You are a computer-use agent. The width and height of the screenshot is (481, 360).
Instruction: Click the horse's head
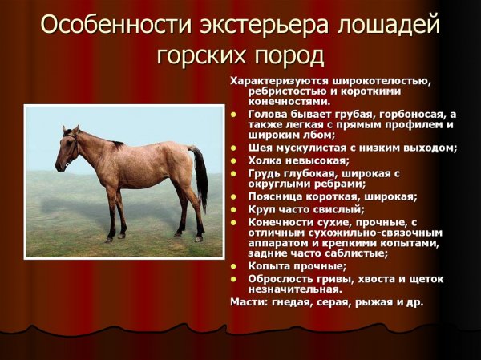click(x=66, y=148)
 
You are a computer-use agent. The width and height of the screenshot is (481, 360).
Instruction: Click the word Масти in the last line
click(x=246, y=301)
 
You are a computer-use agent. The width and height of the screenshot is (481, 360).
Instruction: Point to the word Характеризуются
click(x=278, y=80)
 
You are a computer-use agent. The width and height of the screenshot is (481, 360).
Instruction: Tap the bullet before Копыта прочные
click(x=234, y=266)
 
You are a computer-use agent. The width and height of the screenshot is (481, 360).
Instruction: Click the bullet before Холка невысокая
click(x=234, y=160)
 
